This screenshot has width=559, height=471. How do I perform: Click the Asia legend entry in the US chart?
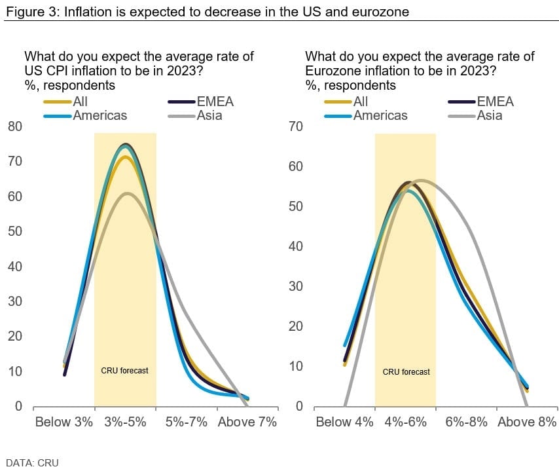tap(209, 116)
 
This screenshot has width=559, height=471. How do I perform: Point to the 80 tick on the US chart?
tap(14, 126)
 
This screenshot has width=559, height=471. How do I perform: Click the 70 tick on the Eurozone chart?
tap(295, 126)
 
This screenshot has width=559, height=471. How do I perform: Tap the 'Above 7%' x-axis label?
tap(247, 422)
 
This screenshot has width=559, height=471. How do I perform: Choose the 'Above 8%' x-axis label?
tap(527, 422)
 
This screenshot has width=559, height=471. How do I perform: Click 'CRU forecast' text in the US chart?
tap(124, 371)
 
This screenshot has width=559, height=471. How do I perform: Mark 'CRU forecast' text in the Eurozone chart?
tap(406, 372)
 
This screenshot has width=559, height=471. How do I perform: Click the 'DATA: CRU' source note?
tap(32, 463)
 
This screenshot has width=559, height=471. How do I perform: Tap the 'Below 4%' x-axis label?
tap(344, 422)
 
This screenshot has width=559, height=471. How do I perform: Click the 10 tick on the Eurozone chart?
tap(295, 366)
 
